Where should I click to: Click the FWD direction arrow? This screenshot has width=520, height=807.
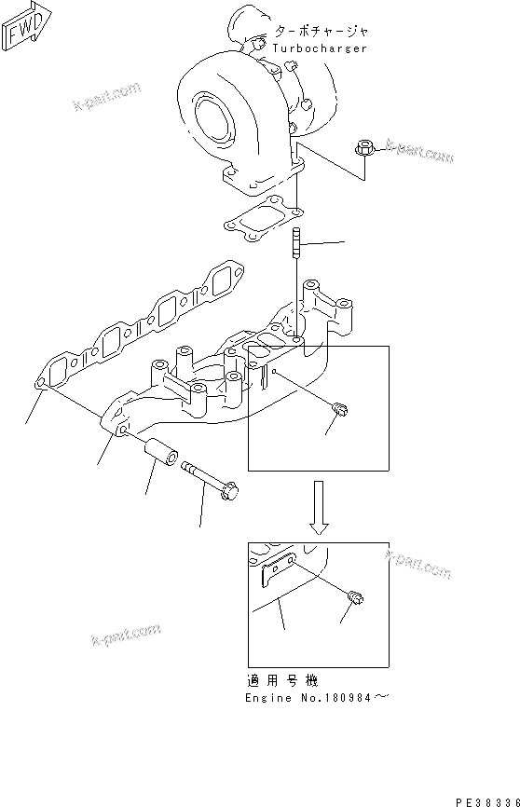(22, 27)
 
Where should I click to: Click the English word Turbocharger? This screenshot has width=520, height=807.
(320, 48)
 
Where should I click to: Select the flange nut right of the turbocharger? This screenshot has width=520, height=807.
(365, 147)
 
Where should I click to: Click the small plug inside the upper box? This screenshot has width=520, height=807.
(340, 407)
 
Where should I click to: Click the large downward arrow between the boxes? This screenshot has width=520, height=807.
(319, 508)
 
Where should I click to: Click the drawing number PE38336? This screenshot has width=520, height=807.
(486, 800)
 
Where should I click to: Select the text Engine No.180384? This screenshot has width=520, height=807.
(309, 698)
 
